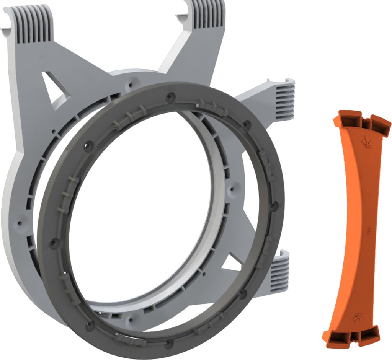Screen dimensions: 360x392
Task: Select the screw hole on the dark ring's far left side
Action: coord(52,242)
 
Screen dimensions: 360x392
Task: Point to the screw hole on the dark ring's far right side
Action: coord(273,207)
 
